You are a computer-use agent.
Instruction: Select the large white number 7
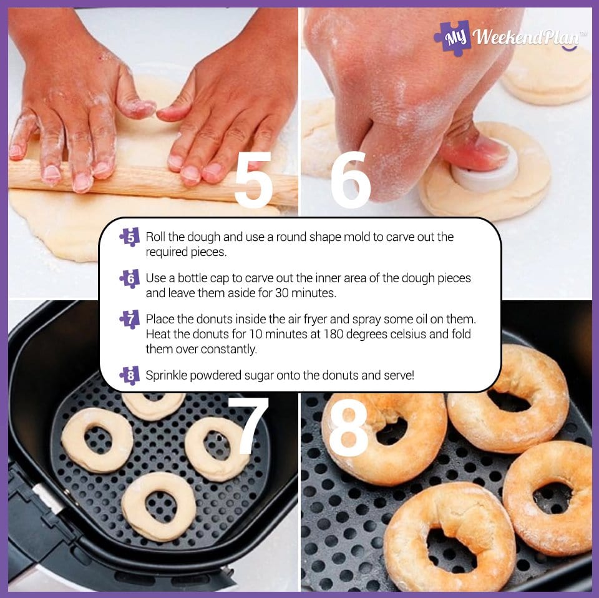pyautogui.click(x=249, y=426)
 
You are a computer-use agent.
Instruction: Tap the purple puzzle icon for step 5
pyautogui.click(x=130, y=237)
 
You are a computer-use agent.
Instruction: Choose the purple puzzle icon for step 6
pyautogui.click(x=130, y=278)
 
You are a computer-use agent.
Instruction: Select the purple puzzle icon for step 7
pyautogui.click(x=130, y=320)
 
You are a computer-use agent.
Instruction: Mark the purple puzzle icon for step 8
pyautogui.click(x=130, y=375)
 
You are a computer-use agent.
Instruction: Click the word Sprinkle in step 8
pyautogui.click(x=166, y=375)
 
